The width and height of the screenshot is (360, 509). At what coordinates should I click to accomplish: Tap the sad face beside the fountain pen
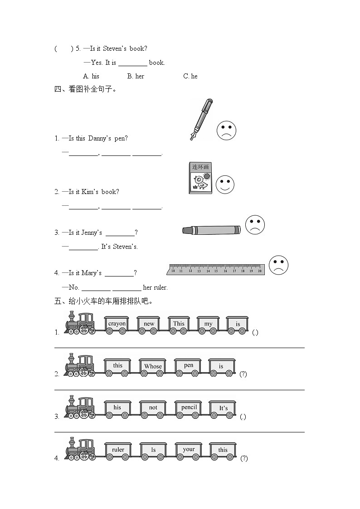tap(226, 131)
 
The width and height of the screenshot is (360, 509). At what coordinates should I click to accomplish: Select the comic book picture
tap(200, 179)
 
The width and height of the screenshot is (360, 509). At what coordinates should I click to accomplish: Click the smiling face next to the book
tap(225, 184)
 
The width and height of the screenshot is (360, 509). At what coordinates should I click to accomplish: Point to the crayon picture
tap(211, 230)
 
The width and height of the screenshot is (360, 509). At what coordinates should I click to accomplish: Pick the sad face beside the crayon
tap(255, 225)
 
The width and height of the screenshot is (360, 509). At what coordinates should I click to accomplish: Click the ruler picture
tap(216, 270)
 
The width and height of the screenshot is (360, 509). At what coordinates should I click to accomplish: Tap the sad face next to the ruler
tap(278, 265)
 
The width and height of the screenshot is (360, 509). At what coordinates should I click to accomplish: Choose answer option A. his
tap(91, 76)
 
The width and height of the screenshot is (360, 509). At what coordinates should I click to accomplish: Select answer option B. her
tap(136, 76)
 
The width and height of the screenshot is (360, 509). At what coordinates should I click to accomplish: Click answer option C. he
tap(190, 76)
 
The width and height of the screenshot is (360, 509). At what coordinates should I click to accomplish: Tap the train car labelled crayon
tap(117, 325)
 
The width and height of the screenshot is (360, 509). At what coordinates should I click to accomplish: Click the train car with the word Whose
tap(153, 367)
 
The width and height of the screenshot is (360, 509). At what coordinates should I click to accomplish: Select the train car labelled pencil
tap(189, 408)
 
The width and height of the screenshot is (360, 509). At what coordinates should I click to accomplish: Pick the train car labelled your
tap(189, 450)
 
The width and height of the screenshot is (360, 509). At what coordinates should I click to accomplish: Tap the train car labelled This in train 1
tap(179, 325)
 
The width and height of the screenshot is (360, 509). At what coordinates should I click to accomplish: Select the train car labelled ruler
tap(118, 451)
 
